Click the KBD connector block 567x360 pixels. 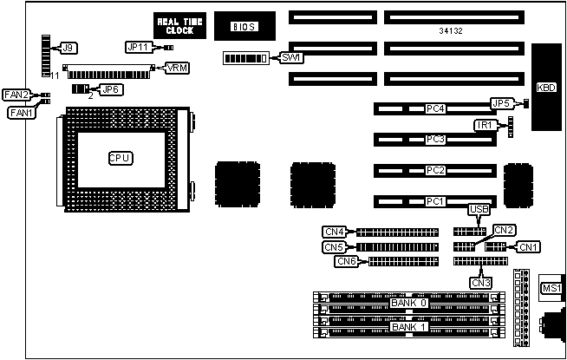coord(546,87)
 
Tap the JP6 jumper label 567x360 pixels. coord(111,88)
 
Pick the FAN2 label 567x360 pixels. coord(16,95)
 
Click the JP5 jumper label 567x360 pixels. coord(500,103)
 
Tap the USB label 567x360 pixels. coord(479,209)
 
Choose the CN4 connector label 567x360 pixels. coord(335,232)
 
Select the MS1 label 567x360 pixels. coord(551,289)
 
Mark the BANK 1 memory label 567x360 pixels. coord(408,327)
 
